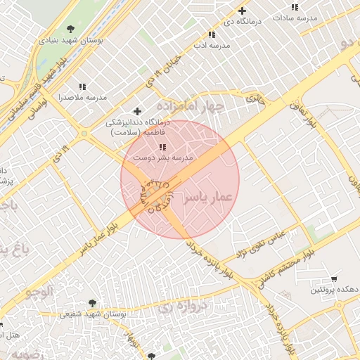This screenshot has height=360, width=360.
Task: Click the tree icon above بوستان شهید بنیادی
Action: coord(70,29)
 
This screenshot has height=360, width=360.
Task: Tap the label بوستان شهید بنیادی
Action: coord(70,41)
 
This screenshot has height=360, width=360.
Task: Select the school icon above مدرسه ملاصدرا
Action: coord(82,87)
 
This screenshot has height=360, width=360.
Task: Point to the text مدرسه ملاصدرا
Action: coord(82,98)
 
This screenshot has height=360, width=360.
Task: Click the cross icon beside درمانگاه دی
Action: coord(243,11)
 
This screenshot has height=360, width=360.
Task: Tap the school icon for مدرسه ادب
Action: coord(212,34)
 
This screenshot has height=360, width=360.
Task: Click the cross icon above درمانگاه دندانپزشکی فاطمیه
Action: coord(137,111)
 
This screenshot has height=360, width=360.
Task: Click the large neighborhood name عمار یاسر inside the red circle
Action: coord(207,199)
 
